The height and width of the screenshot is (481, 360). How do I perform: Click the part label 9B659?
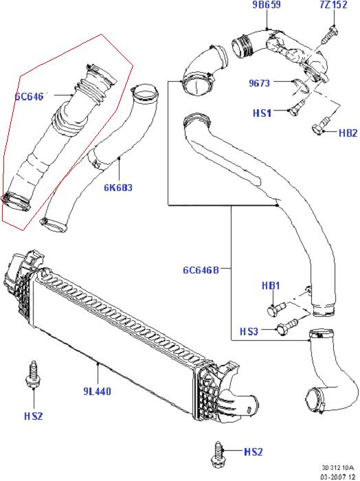click(x=266, y=5)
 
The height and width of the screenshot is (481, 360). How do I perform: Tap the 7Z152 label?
click(x=333, y=5)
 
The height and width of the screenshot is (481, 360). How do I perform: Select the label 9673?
click(x=259, y=83)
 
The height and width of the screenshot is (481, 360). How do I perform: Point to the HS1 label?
click(x=262, y=113)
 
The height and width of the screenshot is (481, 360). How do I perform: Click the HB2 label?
click(x=348, y=133)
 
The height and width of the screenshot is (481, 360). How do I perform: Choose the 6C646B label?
click(x=201, y=270)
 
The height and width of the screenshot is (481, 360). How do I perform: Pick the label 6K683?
click(x=118, y=188)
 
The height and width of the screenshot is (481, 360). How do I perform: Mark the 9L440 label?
click(x=97, y=392)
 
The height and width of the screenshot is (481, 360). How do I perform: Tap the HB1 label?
click(x=271, y=286)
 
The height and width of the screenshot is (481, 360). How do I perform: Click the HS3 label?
click(x=249, y=332)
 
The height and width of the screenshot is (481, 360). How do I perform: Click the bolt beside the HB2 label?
click(x=321, y=126)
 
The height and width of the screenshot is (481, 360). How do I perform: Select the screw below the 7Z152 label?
click(x=329, y=35)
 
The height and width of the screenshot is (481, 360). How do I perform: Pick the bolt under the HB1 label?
click(x=277, y=309)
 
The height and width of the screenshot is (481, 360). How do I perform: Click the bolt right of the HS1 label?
click(x=297, y=108)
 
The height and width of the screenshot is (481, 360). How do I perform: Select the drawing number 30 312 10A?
click(x=337, y=468)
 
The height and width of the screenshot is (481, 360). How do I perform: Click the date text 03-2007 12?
click(x=337, y=477)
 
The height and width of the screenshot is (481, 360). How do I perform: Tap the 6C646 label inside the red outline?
click(x=29, y=97)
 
